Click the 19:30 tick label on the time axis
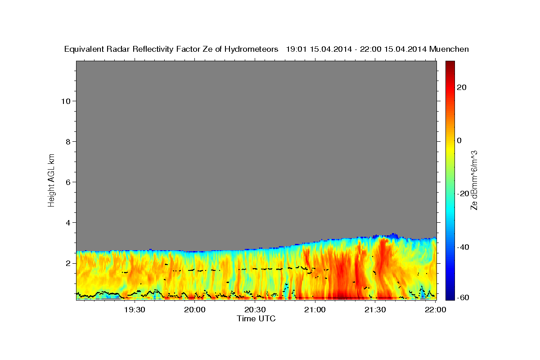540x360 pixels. (x=135, y=310)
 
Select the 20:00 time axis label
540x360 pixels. (x=195, y=310)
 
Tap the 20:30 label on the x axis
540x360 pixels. (x=255, y=310)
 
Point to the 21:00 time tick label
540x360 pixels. (x=315, y=310)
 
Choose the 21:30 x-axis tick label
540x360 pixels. (x=375, y=310)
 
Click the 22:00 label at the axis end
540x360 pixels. (x=436, y=310)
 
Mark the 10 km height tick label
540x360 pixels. (x=66, y=101)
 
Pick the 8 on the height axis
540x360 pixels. (x=68, y=142)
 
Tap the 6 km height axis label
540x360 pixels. (x=68, y=182)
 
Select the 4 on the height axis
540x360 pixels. (x=68, y=223)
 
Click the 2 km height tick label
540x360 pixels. (x=68, y=263)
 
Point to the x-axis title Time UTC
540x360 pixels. (x=256, y=319)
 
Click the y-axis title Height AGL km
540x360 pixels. (x=51, y=180)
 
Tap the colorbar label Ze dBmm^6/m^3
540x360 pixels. (x=474, y=180)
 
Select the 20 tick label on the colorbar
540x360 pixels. (x=462, y=87)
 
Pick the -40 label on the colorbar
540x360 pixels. (x=463, y=247)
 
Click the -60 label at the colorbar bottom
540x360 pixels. (x=463, y=297)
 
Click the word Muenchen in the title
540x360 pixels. (x=449, y=49)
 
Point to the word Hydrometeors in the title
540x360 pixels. (x=251, y=49)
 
